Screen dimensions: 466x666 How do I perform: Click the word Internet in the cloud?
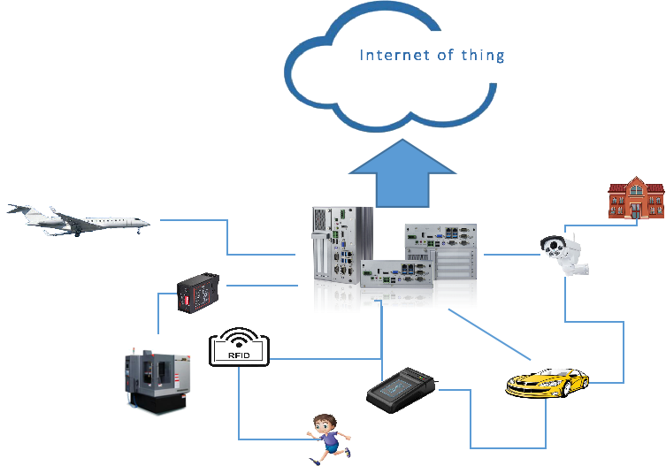(389, 56)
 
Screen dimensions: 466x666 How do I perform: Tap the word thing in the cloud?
(483, 56)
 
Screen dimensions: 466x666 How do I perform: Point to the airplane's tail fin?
(19, 210)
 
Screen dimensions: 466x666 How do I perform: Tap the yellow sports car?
(547, 383)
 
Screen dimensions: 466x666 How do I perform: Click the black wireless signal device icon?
(238, 348)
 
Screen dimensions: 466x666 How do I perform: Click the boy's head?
(325, 422)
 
